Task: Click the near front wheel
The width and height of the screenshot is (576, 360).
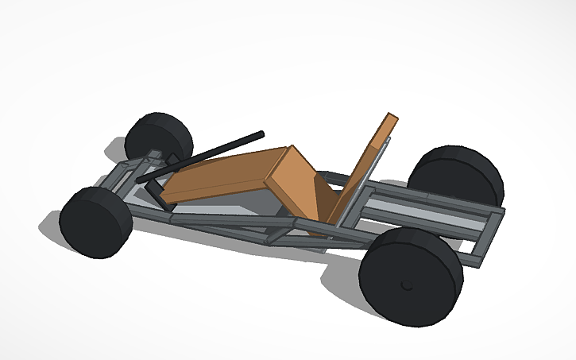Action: click(95, 223)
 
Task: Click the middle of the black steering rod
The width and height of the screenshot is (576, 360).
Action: click(203, 157)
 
